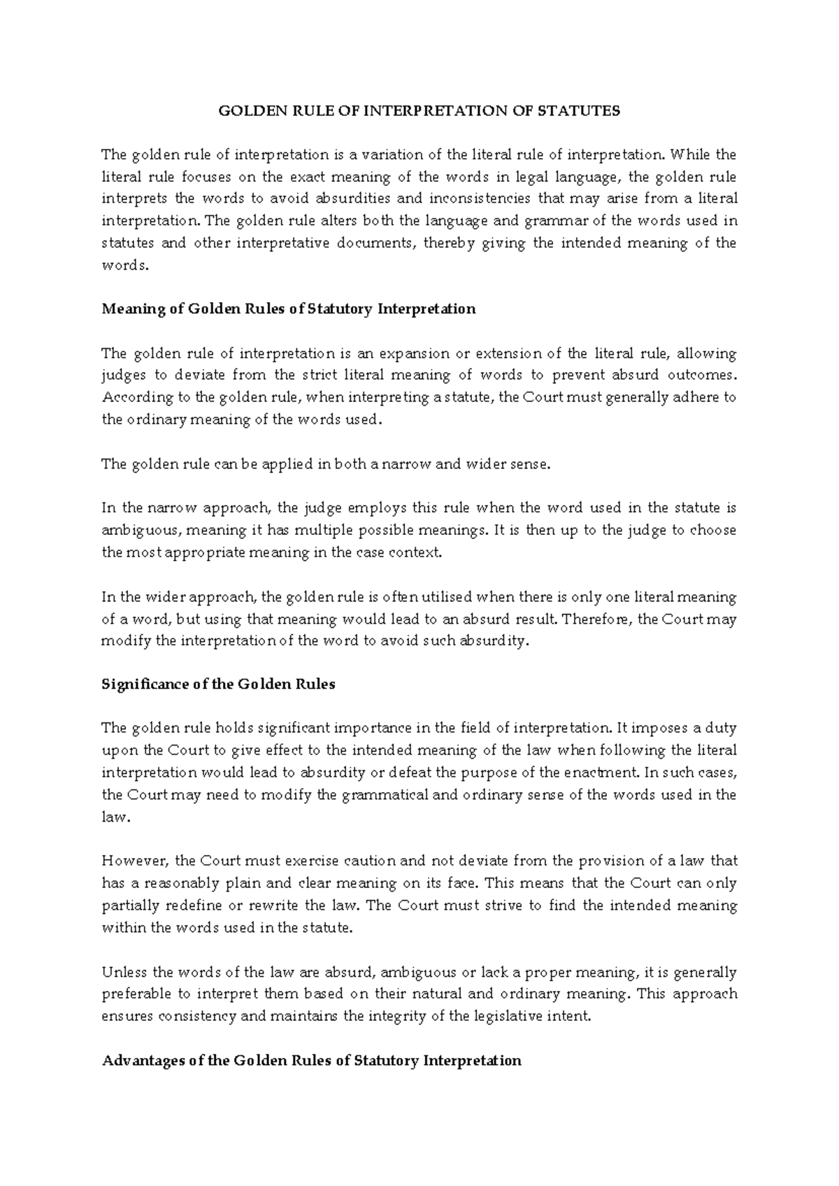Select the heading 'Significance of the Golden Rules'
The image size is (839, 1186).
tap(218, 685)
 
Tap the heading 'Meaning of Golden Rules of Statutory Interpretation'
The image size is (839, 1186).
tap(288, 309)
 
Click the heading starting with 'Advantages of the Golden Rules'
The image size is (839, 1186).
tap(311, 1061)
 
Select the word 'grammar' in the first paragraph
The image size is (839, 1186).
tap(561, 221)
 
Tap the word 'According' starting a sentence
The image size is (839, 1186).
tap(127, 398)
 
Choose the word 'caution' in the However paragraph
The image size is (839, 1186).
tap(352, 861)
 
